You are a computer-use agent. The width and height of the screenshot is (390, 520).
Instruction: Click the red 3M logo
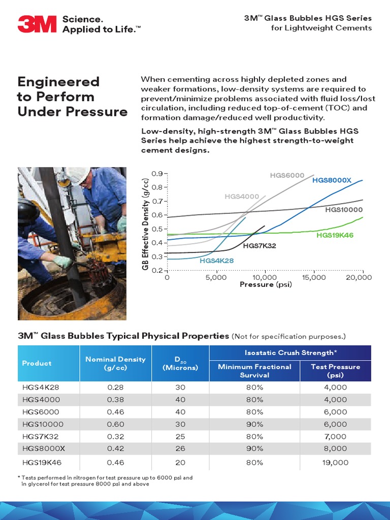(x=37, y=24)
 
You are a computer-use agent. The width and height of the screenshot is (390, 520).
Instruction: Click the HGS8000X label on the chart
(x=332, y=180)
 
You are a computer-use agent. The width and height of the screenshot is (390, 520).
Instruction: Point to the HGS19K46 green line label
(x=335, y=235)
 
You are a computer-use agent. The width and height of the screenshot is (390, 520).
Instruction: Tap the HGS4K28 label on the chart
(x=217, y=260)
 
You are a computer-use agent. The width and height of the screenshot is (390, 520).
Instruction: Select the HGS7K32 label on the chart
(x=259, y=246)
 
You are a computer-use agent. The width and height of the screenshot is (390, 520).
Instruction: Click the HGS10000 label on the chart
(x=344, y=209)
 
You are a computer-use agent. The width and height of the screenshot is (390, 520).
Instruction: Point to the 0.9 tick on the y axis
(x=156, y=174)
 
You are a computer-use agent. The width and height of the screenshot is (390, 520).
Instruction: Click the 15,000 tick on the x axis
(x=314, y=277)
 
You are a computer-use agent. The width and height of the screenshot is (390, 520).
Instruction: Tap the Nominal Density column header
(x=115, y=363)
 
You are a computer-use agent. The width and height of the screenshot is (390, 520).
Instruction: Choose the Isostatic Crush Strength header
(x=290, y=352)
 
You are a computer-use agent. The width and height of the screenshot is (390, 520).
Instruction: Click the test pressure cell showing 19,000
(x=336, y=462)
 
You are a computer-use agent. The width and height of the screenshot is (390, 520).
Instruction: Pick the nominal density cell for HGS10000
(x=115, y=424)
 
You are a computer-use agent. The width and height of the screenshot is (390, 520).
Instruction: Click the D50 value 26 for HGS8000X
(x=180, y=448)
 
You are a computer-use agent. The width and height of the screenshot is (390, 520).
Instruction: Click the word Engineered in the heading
(x=58, y=82)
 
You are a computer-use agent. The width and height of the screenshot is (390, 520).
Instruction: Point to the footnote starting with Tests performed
(x=105, y=481)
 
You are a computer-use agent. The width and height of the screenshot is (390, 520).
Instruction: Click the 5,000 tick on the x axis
(x=216, y=277)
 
